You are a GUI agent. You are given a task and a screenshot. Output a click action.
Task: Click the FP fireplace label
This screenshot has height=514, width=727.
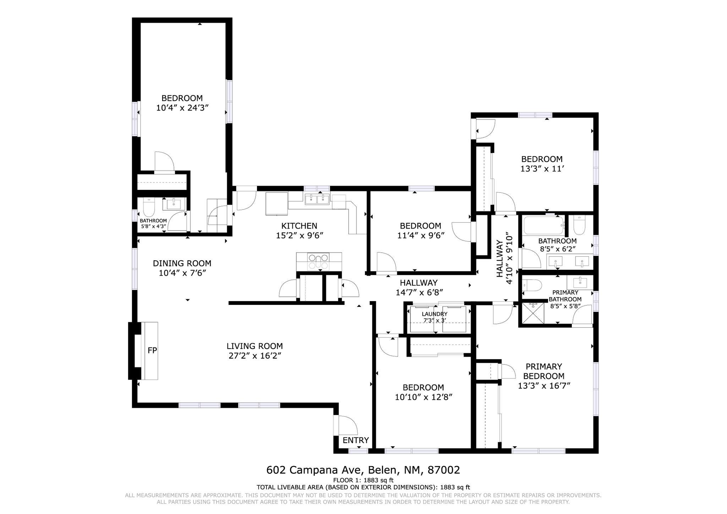tap(152, 351)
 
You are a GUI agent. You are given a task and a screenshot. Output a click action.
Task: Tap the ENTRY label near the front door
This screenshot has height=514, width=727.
tap(355, 441)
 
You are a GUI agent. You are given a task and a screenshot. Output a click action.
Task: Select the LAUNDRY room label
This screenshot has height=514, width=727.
tap(434, 314)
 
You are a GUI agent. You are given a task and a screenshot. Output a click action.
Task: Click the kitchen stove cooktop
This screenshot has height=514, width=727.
tap(319, 262)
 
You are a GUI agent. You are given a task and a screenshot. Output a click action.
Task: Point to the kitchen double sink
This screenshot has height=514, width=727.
tap(317, 199)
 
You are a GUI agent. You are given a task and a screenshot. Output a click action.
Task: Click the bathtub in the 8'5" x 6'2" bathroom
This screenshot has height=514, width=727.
tap(543, 225)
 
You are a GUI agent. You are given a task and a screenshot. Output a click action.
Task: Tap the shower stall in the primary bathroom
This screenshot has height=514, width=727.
tap(531, 313)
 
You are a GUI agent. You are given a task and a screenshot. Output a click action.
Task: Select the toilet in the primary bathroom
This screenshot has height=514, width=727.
tap(532, 285)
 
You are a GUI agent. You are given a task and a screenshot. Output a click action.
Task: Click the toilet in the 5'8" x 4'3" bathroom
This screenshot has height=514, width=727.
tap(148, 208)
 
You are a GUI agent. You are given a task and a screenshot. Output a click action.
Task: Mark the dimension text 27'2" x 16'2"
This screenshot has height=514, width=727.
tap(255, 356)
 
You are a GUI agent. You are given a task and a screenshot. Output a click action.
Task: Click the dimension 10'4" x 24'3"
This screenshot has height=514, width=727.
tap(182, 108)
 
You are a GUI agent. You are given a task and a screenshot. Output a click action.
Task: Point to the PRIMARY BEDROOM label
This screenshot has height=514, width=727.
tap(543, 371)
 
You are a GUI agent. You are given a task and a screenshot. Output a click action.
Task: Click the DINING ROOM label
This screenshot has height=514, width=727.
tap(182, 263)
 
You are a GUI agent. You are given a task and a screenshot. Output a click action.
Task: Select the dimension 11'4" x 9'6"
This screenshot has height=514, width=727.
tap(421, 235)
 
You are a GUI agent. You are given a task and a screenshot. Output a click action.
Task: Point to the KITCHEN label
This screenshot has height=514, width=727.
tap(299, 226)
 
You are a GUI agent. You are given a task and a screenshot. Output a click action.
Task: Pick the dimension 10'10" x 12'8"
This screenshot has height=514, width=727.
tap(423, 397)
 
